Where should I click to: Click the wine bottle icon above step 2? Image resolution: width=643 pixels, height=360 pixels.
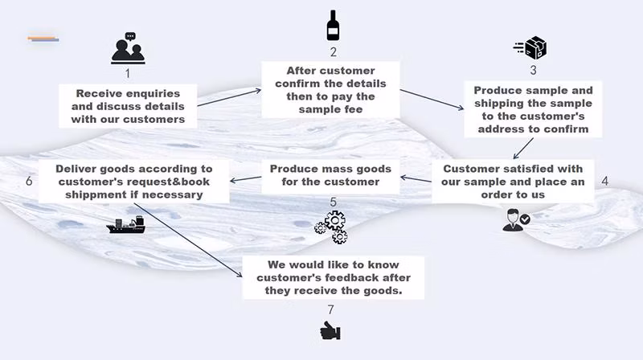click(333, 26)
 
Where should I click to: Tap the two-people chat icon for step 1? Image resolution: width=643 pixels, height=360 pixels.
click(128, 50)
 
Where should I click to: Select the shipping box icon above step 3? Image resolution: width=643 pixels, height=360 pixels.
click(531, 47)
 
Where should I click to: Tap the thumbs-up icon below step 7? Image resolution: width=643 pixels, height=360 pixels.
click(330, 329)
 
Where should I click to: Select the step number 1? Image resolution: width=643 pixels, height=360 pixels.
click(128, 73)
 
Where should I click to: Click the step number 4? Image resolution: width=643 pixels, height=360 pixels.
click(604, 181)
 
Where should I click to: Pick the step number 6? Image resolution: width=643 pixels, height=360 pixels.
click(29, 182)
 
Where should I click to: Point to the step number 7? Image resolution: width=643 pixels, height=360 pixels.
click(330, 309)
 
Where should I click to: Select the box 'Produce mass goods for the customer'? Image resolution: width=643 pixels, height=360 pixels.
click(330, 175)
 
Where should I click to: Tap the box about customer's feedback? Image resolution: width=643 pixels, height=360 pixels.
click(334, 278)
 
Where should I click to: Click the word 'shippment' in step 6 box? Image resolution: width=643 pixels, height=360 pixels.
click(92, 194)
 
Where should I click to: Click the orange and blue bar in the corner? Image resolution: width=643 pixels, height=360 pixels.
click(43, 38)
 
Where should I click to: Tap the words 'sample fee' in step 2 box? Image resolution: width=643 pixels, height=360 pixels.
click(332, 110)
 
